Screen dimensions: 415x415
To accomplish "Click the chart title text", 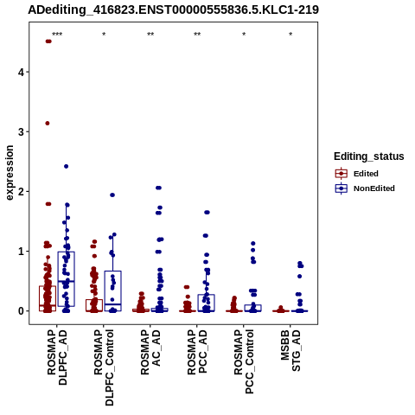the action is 173,10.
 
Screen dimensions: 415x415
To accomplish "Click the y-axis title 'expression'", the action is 10,173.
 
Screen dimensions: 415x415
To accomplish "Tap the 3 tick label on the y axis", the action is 21,131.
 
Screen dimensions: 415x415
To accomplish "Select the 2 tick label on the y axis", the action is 21,191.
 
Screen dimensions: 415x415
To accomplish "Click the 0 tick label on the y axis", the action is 21,311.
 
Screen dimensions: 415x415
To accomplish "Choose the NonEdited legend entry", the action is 365,188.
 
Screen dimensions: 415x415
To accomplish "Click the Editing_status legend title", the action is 369,156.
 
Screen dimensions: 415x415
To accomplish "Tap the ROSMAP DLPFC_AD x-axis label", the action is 57,357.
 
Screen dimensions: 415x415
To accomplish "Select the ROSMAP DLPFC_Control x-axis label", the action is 104,367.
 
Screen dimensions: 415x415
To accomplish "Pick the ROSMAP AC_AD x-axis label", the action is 150,352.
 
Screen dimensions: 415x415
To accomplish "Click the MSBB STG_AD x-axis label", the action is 290,350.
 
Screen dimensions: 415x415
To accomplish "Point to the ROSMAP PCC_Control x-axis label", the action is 244,361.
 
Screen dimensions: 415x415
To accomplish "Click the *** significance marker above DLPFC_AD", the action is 57,35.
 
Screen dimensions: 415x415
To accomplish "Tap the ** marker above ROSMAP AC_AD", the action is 150,35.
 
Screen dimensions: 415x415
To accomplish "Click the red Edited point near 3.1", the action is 48,124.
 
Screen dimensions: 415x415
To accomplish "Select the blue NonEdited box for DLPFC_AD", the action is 67,279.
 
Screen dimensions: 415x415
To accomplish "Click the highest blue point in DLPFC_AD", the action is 66,166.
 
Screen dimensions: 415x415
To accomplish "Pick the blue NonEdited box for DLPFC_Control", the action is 113,290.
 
